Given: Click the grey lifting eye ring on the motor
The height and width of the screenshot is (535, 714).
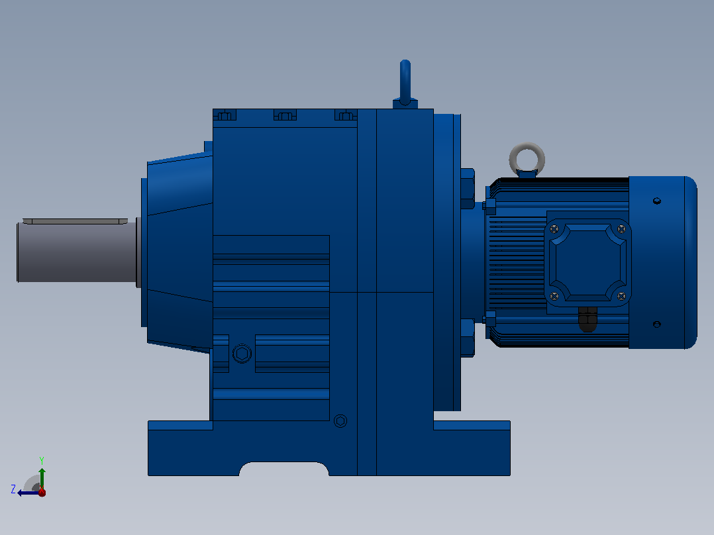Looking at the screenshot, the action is [527, 146].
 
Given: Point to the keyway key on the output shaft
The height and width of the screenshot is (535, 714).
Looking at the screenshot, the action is [75, 221].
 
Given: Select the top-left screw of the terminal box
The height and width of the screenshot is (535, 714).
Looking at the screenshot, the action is [554, 229].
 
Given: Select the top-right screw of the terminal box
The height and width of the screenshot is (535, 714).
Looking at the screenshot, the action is [621, 228].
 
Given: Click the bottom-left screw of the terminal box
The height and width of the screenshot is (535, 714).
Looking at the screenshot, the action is [554, 297].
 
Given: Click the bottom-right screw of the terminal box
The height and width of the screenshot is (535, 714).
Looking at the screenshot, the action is [621, 297].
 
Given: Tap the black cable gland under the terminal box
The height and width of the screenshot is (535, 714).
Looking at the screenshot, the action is [587, 319].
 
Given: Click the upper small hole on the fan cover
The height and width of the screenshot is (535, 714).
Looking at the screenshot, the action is [656, 201].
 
